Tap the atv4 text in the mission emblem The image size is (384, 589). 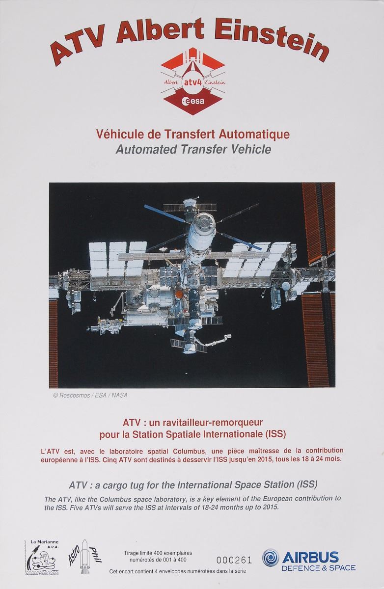193,82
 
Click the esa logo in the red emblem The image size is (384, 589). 193,101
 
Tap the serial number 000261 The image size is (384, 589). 234,561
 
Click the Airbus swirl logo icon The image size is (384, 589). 271,557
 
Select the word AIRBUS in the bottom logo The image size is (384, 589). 310,557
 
